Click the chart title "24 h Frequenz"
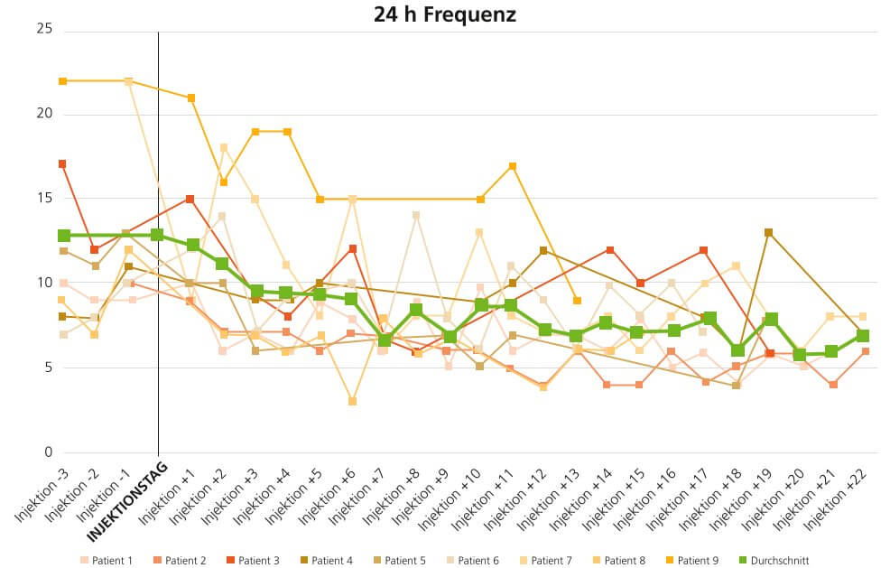[445, 14]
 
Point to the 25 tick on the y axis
[44, 30]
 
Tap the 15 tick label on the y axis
[44, 199]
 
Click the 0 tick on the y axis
[48, 452]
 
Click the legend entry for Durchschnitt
[774, 561]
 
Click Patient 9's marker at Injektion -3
[63, 81]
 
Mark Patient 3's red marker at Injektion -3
[63, 164]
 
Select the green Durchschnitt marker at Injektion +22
[863, 336]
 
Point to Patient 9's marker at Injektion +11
[512, 166]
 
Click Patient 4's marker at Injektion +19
[768, 233]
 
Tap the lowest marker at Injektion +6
[353, 401]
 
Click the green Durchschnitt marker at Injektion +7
[384, 340]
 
